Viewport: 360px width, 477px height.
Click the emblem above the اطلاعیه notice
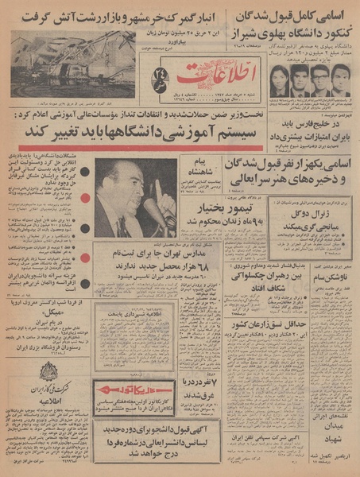pos(48,372)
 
